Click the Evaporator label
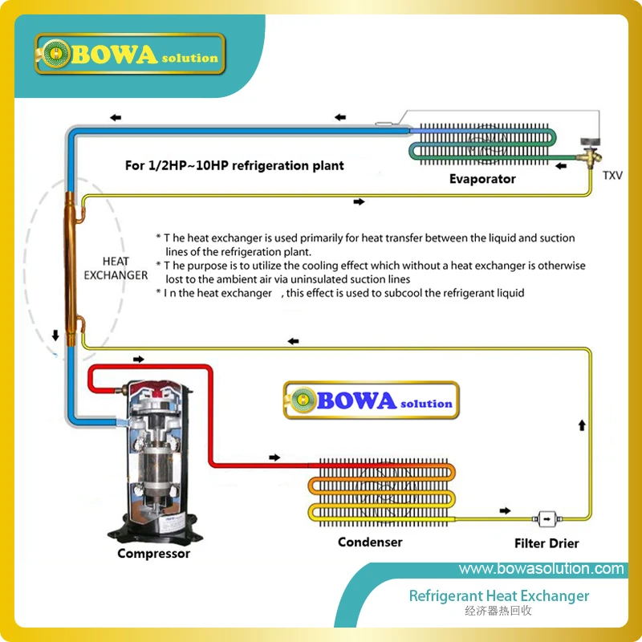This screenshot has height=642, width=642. [x=481, y=179]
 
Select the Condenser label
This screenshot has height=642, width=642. [x=370, y=542]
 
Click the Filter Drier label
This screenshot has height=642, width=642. [x=547, y=544]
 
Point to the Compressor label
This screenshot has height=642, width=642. [x=153, y=554]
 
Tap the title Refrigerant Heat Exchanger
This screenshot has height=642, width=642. [x=498, y=596]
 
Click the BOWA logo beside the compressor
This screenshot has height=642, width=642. [x=371, y=399]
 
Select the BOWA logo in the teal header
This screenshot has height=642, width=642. [x=129, y=55]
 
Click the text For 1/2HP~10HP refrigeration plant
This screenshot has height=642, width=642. [x=234, y=165]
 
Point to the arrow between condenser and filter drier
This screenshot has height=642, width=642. [x=505, y=510]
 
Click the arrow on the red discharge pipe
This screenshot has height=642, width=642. [x=275, y=457]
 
